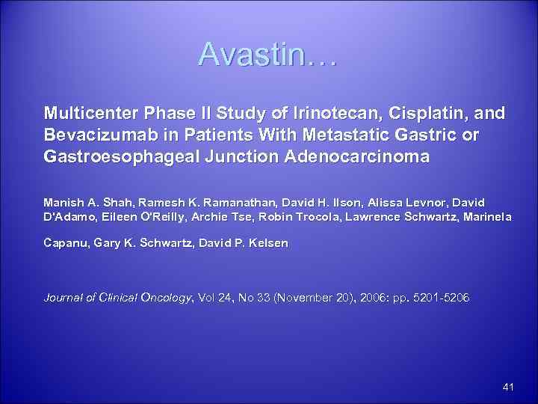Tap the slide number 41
click(509, 387)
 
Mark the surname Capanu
click(67, 244)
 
